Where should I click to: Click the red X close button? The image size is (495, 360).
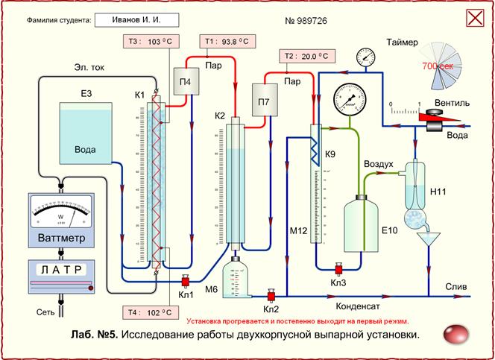474,18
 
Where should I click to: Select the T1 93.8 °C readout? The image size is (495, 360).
227,42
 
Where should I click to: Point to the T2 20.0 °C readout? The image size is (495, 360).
306,57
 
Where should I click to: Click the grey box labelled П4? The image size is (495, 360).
184,81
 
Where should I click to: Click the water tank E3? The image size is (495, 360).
85,134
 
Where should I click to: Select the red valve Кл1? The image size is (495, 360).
184,281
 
